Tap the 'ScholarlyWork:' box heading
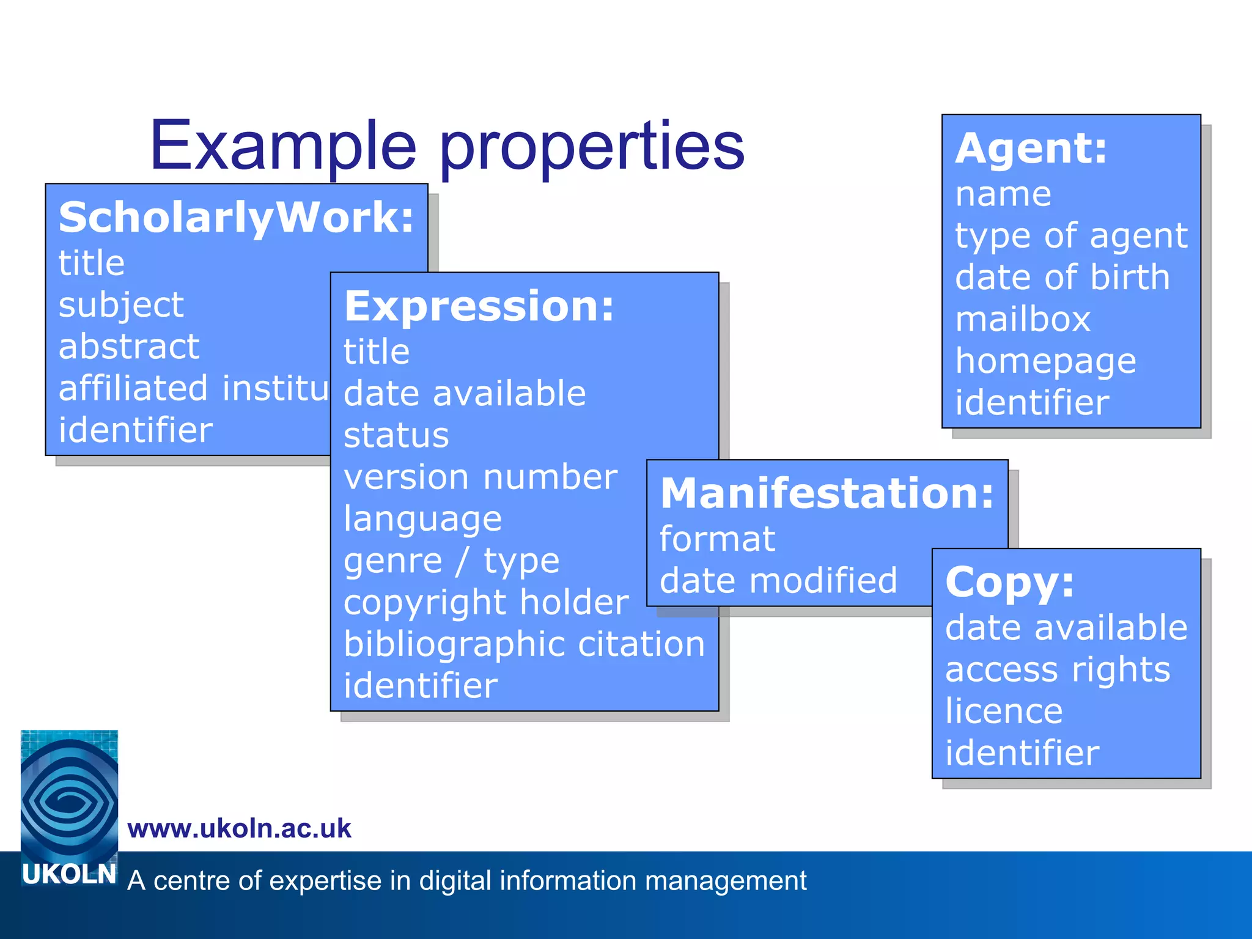[237, 218]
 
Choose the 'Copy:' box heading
[1009, 581]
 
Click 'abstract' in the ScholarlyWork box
[129, 347]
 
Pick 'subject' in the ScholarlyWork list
[121, 305]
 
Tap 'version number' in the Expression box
[481, 477]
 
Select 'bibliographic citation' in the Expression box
[525, 644]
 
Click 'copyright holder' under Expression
[486, 603]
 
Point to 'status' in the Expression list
[396, 435]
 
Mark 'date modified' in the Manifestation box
[778, 580]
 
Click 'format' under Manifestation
[717, 539]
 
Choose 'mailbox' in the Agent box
[1023, 320]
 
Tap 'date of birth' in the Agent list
[1062, 278]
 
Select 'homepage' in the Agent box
[1045, 361]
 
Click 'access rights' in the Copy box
[1058, 670]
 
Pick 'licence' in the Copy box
[1004, 712]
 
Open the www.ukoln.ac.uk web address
[239, 829]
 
